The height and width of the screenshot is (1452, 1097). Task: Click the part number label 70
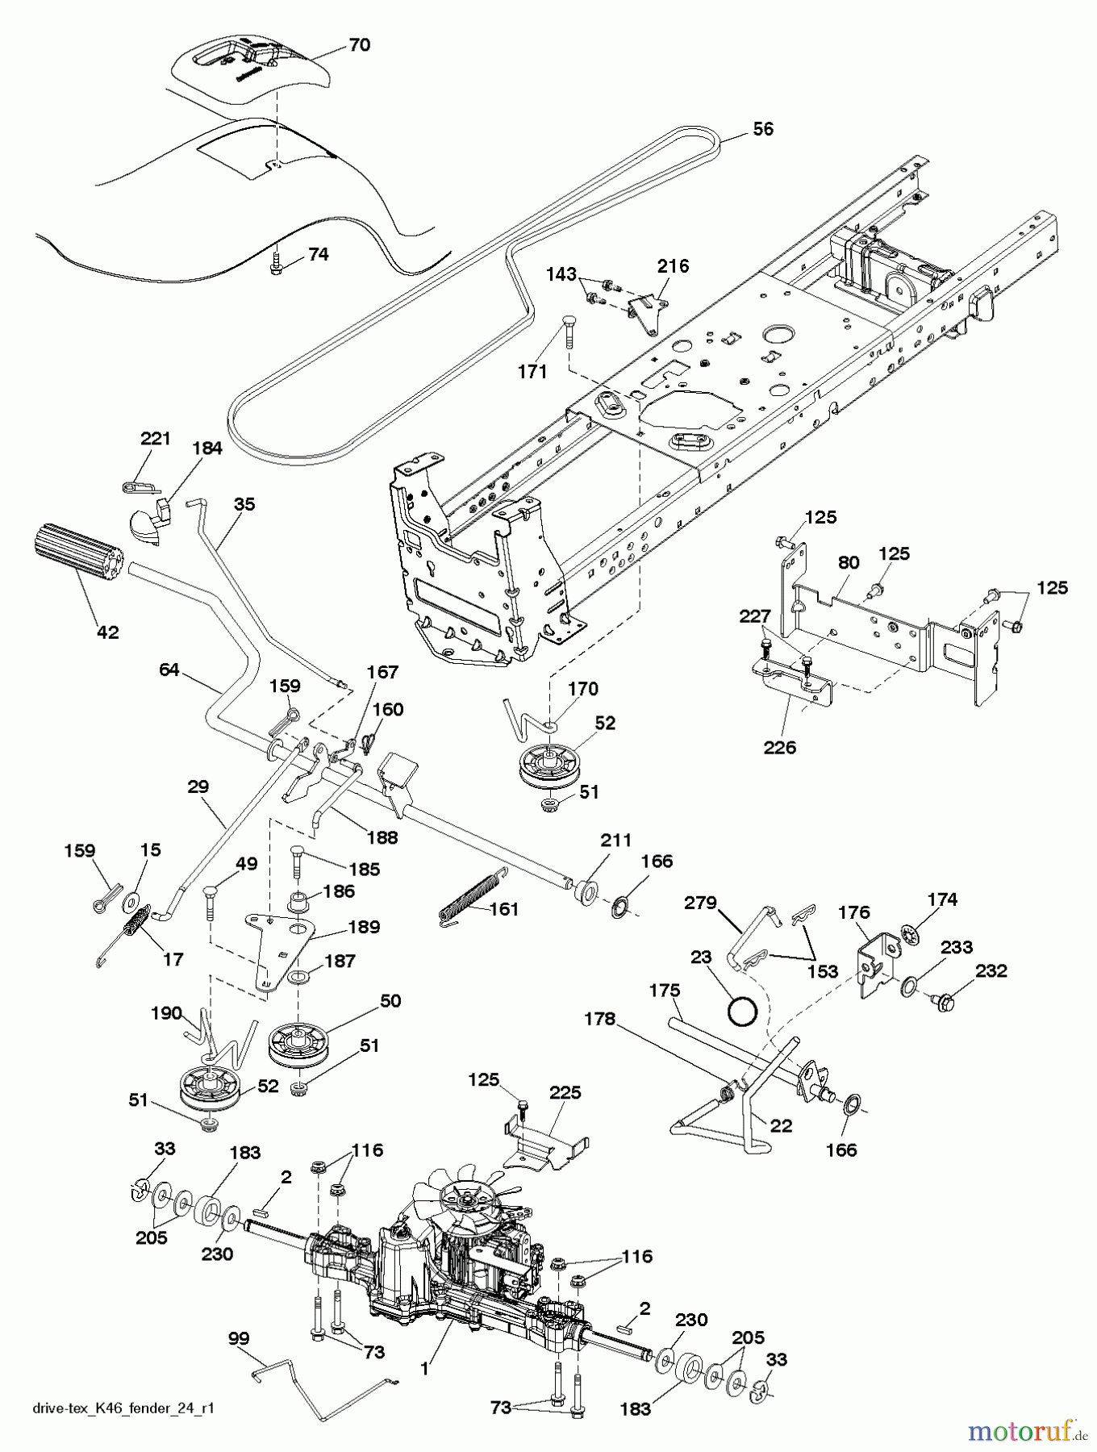(x=359, y=45)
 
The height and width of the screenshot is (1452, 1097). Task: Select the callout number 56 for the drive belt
(x=762, y=129)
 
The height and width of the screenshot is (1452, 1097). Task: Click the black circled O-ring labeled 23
(x=744, y=1011)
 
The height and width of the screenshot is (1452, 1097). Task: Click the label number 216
(x=673, y=266)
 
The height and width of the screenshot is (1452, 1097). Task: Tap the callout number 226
(x=779, y=747)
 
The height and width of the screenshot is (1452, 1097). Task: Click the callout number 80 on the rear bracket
(x=848, y=562)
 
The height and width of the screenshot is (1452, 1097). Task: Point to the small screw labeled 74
(x=277, y=264)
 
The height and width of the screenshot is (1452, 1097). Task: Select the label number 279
(x=700, y=903)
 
